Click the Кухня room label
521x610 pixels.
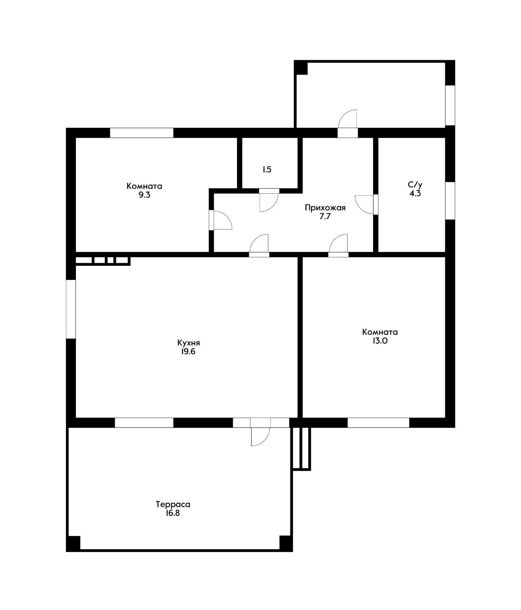click(x=189, y=342)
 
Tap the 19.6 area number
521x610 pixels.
click(x=188, y=352)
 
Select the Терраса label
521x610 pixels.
click(x=173, y=504)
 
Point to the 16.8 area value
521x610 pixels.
click(x=173, y=513)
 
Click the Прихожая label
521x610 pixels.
click(x=325, y=208)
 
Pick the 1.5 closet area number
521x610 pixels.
click(x=267, y=170)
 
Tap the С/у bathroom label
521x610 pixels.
click(x=415, y=185)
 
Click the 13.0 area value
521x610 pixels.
click(x=380, y=341)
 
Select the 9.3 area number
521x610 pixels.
click(x=144, y=195)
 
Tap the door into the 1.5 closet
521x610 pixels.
click(x=269, y=200)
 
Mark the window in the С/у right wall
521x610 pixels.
click(x=450, y=201)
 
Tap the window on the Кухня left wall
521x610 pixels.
click(x=71, y=309)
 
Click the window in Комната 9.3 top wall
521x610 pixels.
click(x=142, y=133)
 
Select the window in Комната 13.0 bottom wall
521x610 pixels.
click(x=378, y=422)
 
